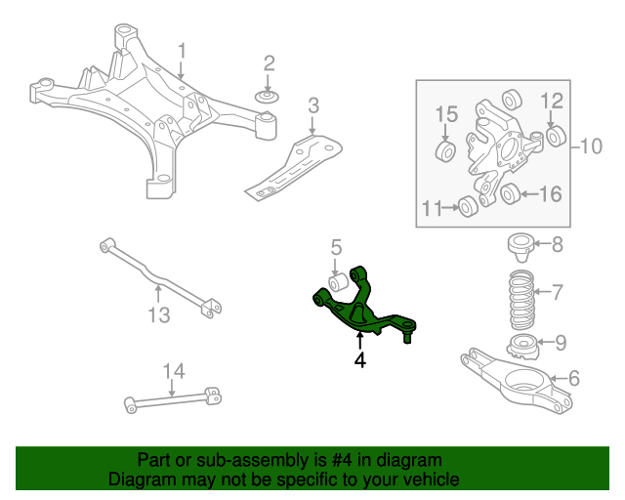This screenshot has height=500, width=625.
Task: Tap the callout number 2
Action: click(x=269, y=64)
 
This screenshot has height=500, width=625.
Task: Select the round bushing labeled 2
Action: click(x=268, y=97)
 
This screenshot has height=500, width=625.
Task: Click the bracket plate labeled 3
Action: click(x=298, y=165)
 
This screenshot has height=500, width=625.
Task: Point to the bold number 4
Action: click(x=360, y=360)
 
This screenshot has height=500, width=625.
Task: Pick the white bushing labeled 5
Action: click(x=341, y=283)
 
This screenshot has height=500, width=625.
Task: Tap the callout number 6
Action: click(x=573, y=377)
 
